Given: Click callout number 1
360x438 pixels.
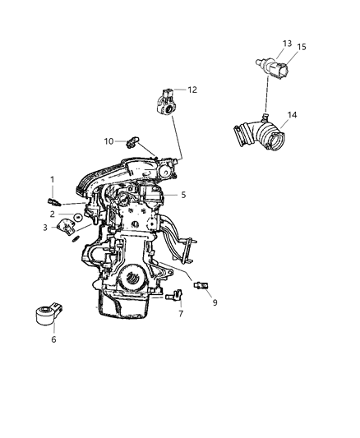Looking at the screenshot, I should [52, 179].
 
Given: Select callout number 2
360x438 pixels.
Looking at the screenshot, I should [52, 214].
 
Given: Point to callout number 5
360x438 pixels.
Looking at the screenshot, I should [184, 195].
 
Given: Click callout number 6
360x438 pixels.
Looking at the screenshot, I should [53, 338].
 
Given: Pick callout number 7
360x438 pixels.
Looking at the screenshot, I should [181, 314].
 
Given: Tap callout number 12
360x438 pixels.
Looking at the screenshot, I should [192, 90].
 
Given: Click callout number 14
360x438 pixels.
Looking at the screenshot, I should [291, 116].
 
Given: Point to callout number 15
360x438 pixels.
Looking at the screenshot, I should [301, 47].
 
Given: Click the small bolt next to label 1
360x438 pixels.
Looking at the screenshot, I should [53, 198].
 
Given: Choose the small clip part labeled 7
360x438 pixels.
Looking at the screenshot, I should [174, 298].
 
